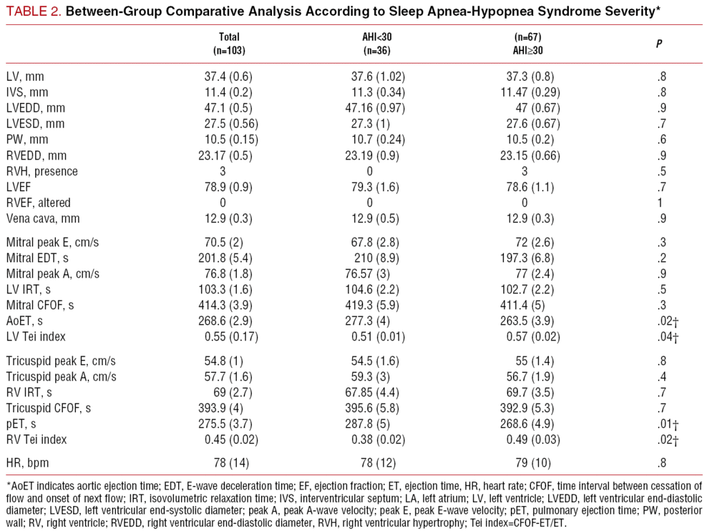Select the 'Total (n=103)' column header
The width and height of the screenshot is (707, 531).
coord(229,44)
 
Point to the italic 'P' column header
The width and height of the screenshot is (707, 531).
coord(660,44)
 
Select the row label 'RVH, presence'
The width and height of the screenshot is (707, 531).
coord(42,171)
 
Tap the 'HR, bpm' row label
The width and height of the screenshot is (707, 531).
coord(28,461)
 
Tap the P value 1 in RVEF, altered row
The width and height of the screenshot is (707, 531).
coord(660,202)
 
